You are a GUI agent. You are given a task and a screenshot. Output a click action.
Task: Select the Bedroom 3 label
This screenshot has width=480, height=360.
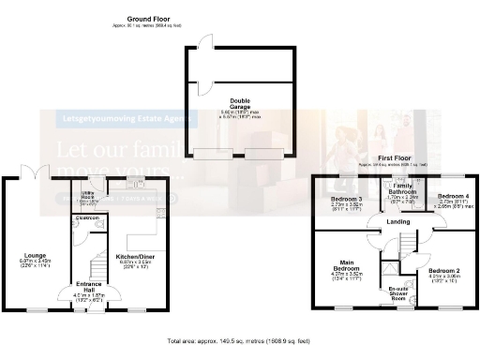pyautogui.click(x=346, y=200)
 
